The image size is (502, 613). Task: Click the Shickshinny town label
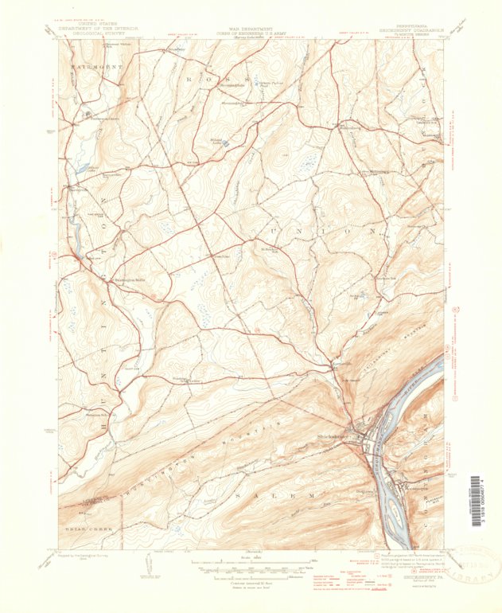pyautogui.click(x=333, y=435)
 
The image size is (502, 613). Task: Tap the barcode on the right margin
pyautogui.click(x=476, y=510)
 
